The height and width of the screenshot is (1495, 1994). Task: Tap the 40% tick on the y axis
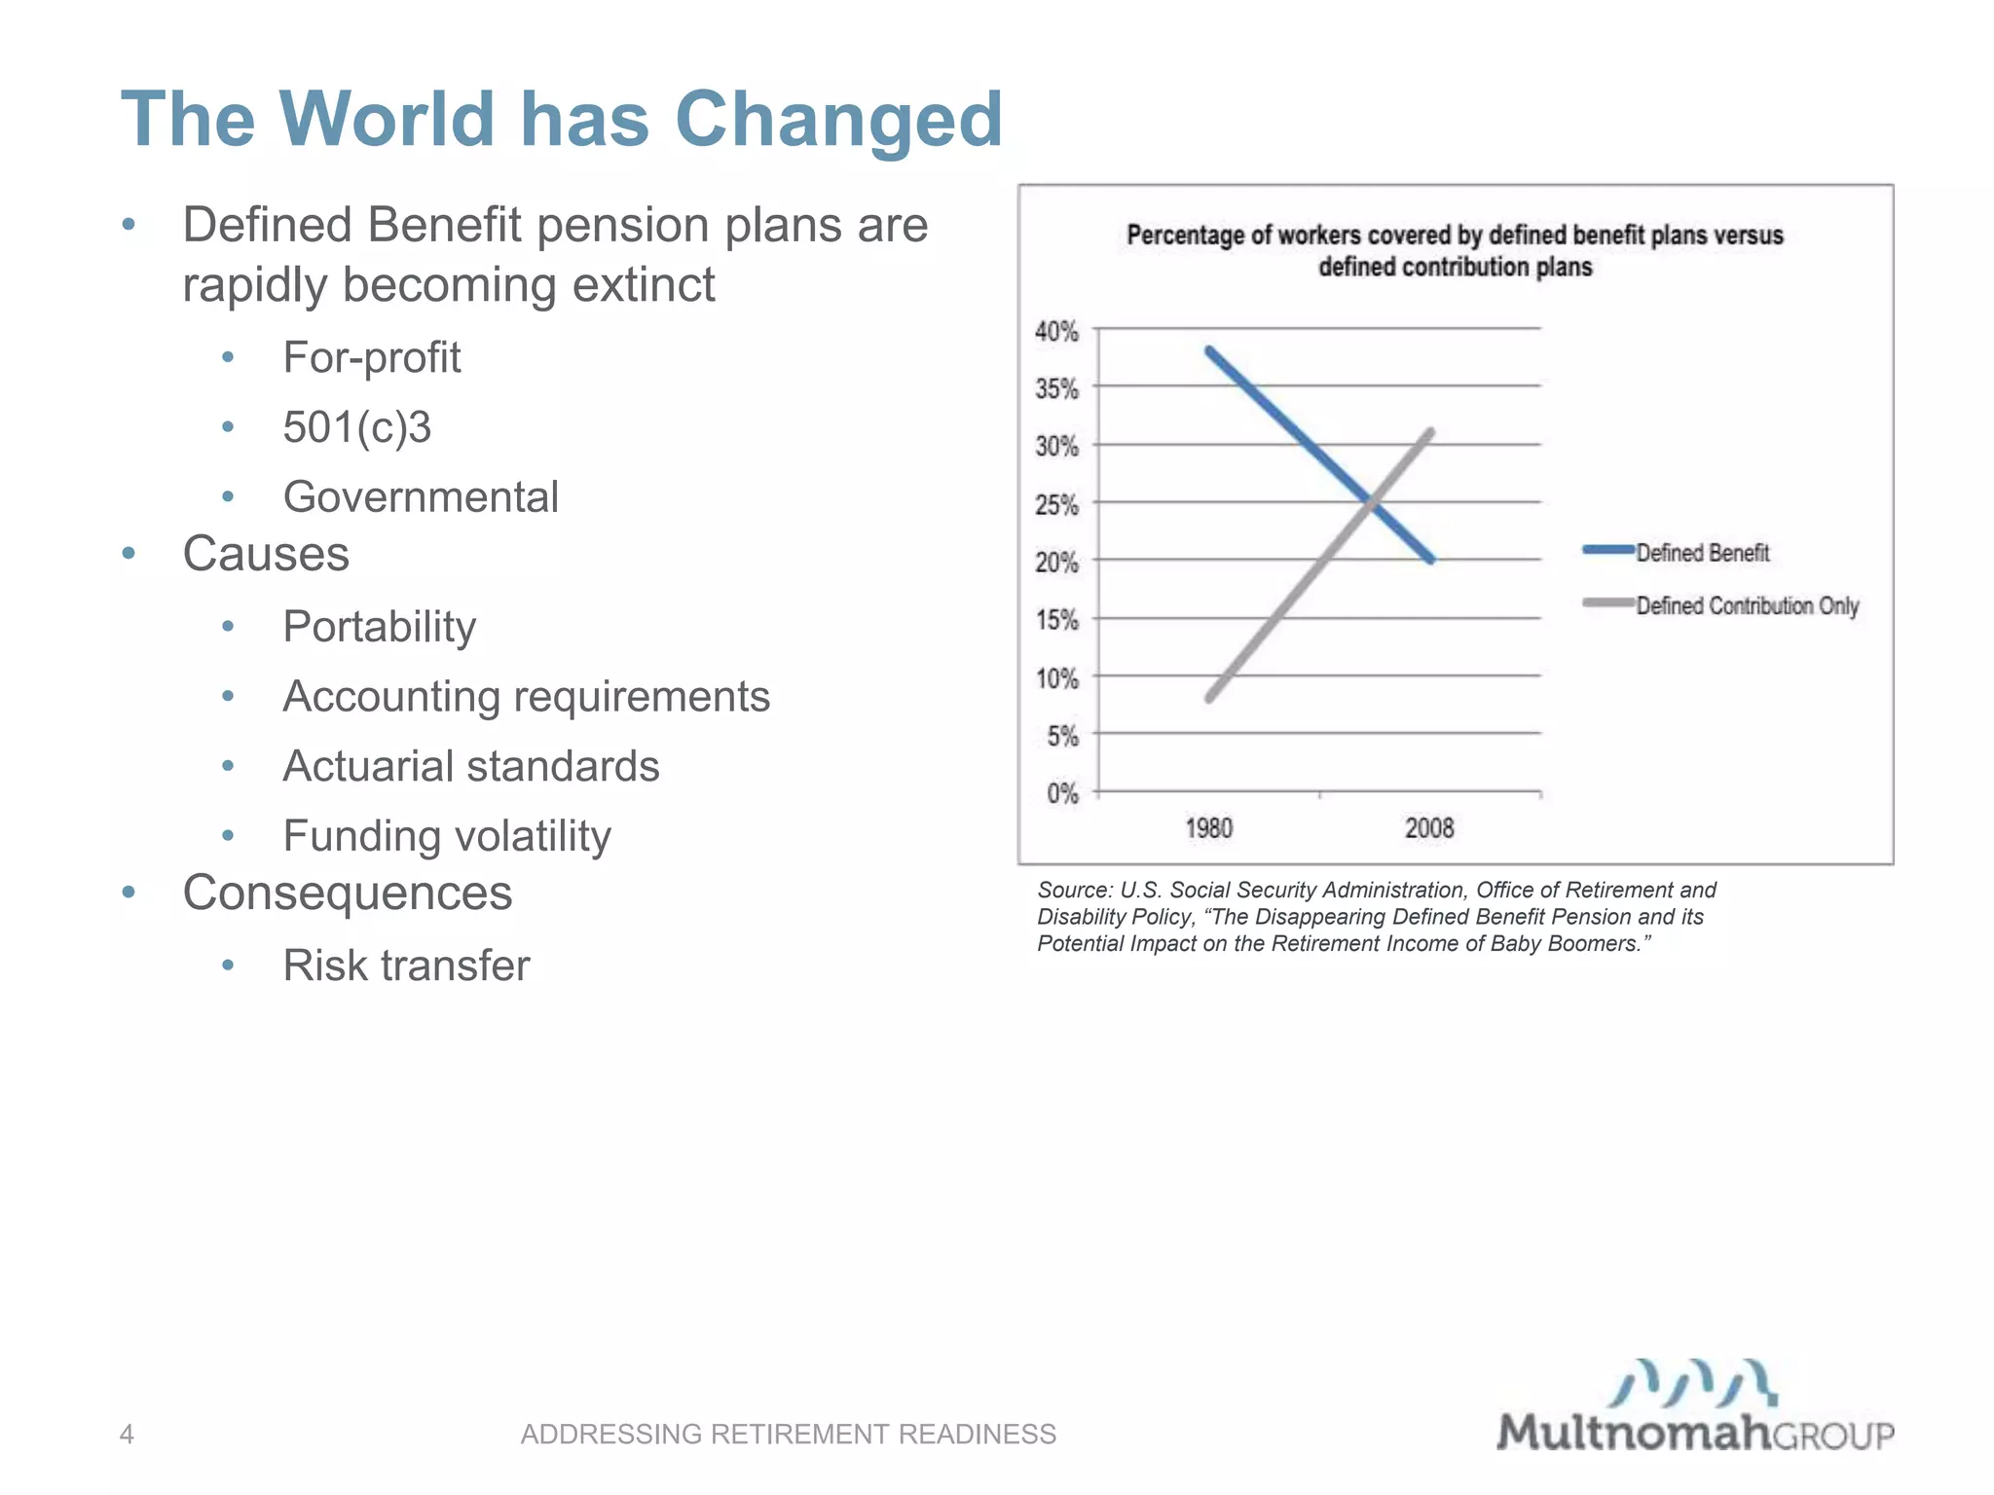coord(1056,332)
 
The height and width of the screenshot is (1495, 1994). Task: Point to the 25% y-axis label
coord(1056,505)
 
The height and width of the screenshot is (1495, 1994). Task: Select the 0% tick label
coord(1062,793)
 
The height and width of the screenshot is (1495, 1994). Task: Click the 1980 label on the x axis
coord(1208,828)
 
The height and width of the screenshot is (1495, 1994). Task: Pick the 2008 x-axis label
coord(1428,828)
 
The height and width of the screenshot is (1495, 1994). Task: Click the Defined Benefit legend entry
coord(1701,553)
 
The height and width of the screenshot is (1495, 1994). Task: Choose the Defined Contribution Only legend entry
coord(1747,605)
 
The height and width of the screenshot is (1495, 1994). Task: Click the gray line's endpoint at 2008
coord(1430,431)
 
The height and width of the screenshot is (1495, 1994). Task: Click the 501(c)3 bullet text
coord(356,427)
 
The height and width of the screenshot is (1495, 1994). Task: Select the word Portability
coord(379,626)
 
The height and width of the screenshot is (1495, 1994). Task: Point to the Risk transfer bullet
coord(406,966)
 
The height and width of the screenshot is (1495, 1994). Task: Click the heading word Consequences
coord(347,893)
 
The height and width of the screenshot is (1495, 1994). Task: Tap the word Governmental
coord(421,496)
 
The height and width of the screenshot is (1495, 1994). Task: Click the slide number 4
coord(127,1434)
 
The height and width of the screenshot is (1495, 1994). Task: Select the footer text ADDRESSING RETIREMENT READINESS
coord(788,1434)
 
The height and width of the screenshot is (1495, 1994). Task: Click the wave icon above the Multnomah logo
coord(1692,1382)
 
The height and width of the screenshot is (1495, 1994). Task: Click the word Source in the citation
coord(1072,890)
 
